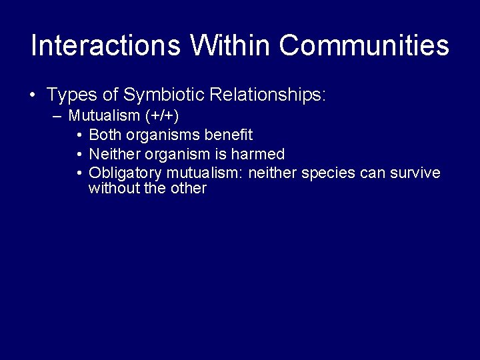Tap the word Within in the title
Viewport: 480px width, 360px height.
(x=231, y=45)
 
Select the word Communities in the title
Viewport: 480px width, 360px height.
(x=364, y=45)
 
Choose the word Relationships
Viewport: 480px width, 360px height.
(x=267, y=95)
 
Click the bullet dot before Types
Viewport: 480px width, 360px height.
(x=33, y=95)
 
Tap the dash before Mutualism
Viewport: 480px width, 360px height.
(x=56, y=116)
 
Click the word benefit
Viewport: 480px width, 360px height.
(x=228, y=135)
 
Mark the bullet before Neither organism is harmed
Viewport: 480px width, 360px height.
(x=79, y=155)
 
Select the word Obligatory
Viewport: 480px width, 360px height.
(x=121, y=173)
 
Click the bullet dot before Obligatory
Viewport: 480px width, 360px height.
(x=79, y=173)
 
